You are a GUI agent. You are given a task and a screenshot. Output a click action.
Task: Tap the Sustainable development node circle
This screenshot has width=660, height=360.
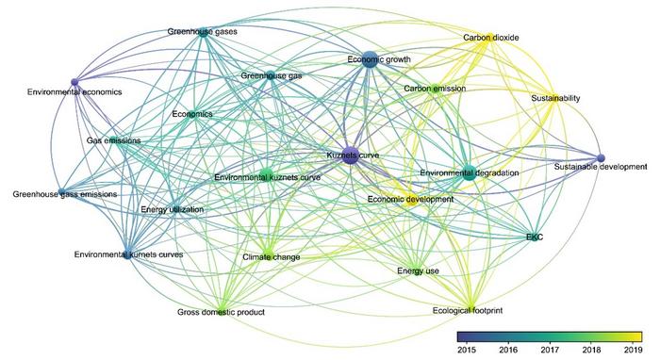pyautogui.click(x=601, y=157)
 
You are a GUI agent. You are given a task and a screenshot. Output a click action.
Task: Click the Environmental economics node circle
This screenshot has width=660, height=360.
pyautogui.click(x=74, y=81)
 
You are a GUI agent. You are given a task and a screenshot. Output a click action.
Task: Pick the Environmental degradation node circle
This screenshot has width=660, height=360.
pyautogui.click(x=468, y=171)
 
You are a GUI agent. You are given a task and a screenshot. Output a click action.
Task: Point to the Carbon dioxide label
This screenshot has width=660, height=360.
pyautogui.click(x=490, y=39)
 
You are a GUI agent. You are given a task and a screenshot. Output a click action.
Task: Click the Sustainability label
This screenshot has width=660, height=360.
pyautogui.click(x=555, y=98)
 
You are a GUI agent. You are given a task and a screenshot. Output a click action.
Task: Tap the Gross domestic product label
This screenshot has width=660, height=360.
pyautogui.click(x=221, y=312)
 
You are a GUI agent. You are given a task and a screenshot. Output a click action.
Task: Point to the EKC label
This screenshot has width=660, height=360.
pyautogui.click(x=536, y=237)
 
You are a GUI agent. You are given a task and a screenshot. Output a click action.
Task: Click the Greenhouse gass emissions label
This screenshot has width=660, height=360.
pyautogui.click(x=65, y=195)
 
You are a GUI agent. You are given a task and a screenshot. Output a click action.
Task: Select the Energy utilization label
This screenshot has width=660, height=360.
pyautogui.click(x=172, y=209)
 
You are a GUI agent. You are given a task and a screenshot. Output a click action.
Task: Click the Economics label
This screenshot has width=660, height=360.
pyautogui.click(x=192, y=114)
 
